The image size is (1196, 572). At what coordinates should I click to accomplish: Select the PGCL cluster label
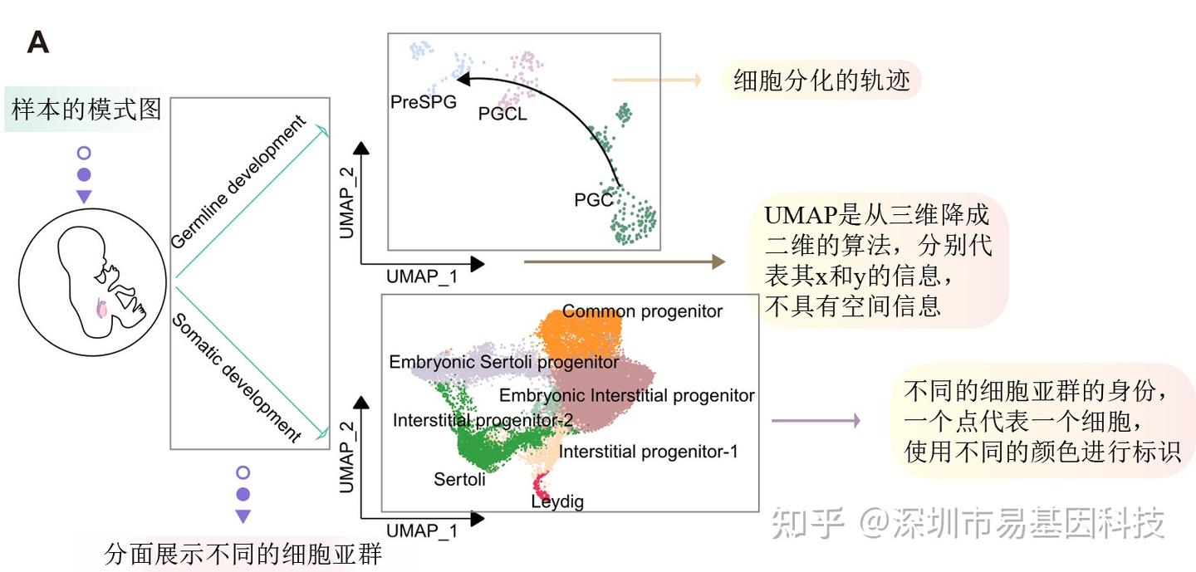click(x=502, y=115)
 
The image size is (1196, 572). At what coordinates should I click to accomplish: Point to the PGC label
click(x=593, y=200)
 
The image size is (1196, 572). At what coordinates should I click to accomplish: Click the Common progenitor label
click(x=642, y=312)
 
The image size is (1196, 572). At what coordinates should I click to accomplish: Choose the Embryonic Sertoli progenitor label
click(x=504, y=363)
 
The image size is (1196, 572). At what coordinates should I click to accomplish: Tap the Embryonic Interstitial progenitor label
click(x=626, y=395)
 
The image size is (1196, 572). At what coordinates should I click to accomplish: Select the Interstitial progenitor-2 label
click(x=483, y=421)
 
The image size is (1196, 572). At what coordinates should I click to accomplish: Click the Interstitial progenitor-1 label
click(x=648, y=452)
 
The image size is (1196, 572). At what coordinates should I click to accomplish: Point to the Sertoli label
click(x=459, y=479)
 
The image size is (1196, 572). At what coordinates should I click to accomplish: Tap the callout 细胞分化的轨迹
click(x=821, y=81)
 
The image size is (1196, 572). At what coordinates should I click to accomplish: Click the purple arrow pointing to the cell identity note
click(x=815, y=421)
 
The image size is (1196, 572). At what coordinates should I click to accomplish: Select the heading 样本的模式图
click(x=86, y=109)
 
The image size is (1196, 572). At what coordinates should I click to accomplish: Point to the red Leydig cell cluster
click(x=541, y=482)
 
